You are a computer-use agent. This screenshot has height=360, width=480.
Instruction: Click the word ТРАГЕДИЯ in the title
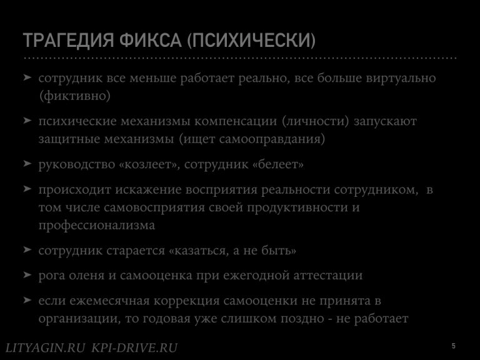pos(68,40)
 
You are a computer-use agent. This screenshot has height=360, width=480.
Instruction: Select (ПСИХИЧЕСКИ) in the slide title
pos(251,40)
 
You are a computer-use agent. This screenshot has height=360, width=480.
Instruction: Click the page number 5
pos(453,346)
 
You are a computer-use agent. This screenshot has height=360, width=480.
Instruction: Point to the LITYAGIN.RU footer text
pos(45,347)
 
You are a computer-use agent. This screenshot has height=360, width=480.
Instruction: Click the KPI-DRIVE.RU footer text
pos(135,347)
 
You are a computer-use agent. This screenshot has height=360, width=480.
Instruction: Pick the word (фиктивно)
pos(75,96)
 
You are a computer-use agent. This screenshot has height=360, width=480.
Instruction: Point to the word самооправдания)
pos(272,139)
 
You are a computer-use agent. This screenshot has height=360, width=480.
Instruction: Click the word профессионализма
pos(97,226)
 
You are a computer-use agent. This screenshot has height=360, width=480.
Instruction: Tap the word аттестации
pos(328,276)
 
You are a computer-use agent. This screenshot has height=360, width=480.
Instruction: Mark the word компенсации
pos(236,121)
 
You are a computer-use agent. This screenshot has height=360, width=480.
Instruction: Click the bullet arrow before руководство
pos(27,163)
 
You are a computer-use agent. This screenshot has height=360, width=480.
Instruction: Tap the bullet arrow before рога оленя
pos(27,274)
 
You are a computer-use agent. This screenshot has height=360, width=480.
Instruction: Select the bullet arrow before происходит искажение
pos(27,189)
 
